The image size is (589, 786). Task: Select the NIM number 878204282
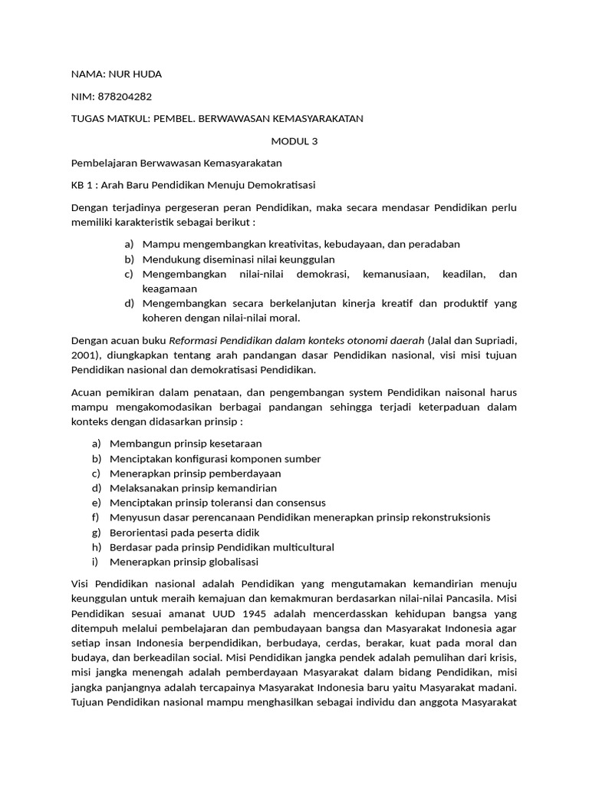[124, 97]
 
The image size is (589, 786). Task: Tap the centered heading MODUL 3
[294, 140]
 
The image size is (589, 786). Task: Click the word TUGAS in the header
[89, 118]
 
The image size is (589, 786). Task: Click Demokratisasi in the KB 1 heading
[278, 185]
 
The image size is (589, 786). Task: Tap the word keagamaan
[169, 289]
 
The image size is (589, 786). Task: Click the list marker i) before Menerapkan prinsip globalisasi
[96, 562]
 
